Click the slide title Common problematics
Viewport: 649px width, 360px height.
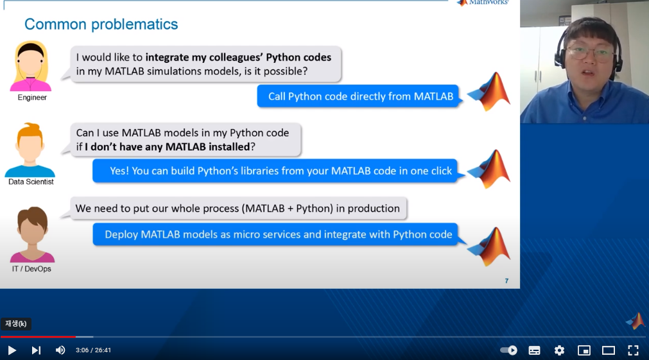pos(101,24)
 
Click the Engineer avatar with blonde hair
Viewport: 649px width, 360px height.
pos(30,66)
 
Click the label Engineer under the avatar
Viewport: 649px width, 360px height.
pos(32,98)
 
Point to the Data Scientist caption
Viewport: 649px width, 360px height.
pos(31,182)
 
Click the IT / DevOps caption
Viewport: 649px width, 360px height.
pos(31,269)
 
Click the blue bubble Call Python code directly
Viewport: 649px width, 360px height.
pos(360,96)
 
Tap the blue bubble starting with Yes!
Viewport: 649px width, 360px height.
pos(281,171)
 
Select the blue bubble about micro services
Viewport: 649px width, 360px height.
pos(278,234)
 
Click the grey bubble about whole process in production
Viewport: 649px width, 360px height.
pos(238,208)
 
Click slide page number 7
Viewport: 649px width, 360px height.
pos(506,281)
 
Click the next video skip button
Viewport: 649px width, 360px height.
pos(36,350)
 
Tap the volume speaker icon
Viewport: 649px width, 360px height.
pos(60,350)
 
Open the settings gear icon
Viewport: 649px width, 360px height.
pos(559,350)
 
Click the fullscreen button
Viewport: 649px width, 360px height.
pos(633,350)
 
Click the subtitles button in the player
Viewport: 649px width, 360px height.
pos(534,350)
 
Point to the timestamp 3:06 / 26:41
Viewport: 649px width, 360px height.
pos(93,350)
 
